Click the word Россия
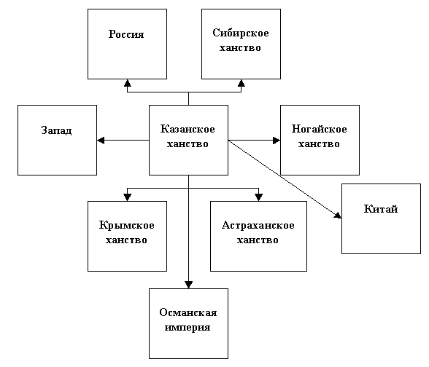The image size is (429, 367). click(x=126, y=34)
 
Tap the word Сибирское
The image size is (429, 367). click(x=241, y=33)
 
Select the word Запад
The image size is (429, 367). click(x=57, y=130)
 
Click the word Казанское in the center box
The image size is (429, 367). click(x=188, y=129)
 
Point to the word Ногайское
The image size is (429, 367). click(x=319, y=129)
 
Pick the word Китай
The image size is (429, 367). click(x=381, y=209)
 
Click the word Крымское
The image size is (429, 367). click(x=126, y=225)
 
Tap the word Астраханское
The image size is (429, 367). click(x=258, y=225)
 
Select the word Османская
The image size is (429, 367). click(x=188, y=312)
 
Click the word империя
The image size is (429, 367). click(x=188, y=328)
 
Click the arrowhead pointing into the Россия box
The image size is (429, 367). click(x=127, y=83)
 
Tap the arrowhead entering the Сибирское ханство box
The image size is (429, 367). click(x=241, y=83)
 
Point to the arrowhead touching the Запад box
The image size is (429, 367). click(x=101, y=141)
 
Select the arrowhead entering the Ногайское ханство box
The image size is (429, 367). click(x=277, y=141)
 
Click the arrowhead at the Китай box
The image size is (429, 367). click(x=338, y=216)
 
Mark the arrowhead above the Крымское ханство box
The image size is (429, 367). click(x=127, y=197)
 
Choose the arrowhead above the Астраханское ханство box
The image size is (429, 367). click(x=258, y=197)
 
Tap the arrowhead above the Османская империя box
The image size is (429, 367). click(x=188, y=285)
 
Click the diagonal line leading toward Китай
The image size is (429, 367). click(x=285, y=179)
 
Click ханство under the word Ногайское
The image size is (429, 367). click(x=319, y=144)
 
